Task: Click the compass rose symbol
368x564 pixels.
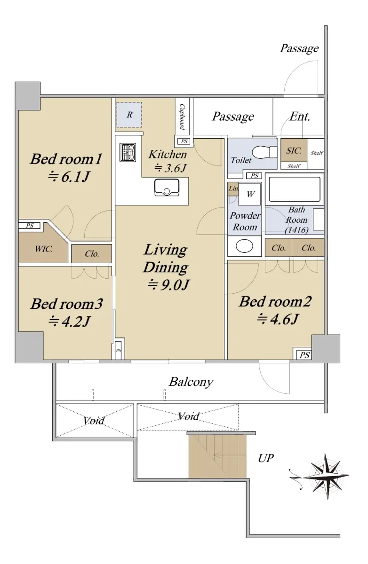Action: click(327, 477)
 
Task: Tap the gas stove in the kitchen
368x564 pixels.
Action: click(128, 152)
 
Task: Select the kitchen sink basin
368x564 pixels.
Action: click(167, 188)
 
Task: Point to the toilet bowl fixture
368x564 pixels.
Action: click(264, 152)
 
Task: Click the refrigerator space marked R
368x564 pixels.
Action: click(129, 115)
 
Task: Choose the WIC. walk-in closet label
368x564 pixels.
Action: click(44, 249)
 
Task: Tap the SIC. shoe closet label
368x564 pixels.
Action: click(294, 150)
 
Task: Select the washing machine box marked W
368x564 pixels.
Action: click(249, 194)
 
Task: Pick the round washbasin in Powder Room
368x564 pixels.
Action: click(244, 246)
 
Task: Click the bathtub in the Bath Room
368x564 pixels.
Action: click(295, 189)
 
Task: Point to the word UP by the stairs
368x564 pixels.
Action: click(266, 458)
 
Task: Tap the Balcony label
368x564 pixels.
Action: click(191, 382)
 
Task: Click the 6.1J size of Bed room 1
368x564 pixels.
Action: click(69, 176)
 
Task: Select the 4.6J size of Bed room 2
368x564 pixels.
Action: click(278, 319)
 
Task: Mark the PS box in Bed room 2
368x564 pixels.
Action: click(302, 353)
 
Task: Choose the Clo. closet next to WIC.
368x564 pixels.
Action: click(91, 253)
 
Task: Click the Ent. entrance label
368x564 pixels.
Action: click(300, 117)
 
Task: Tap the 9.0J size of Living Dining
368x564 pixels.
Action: click(168, 285)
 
